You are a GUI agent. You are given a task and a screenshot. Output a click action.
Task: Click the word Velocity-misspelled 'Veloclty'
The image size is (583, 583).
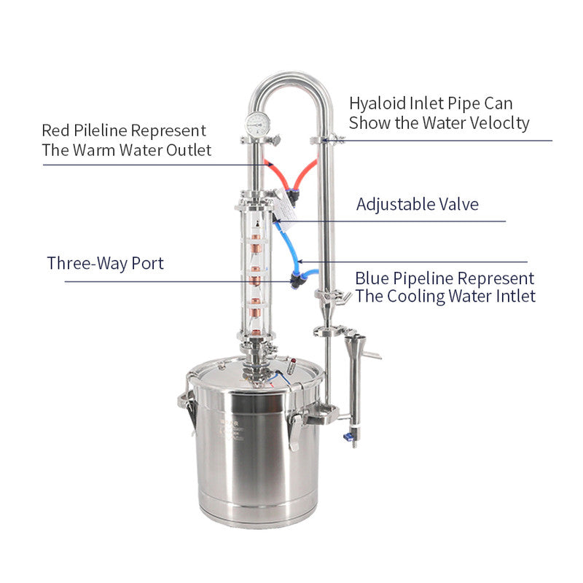coord(498,122)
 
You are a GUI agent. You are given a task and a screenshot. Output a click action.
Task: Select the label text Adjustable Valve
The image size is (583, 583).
coord(417,204)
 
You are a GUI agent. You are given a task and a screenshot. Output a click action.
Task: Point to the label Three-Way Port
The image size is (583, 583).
coord(105,263)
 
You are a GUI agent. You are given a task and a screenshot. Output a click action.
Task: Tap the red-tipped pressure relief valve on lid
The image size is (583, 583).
coord(292,363)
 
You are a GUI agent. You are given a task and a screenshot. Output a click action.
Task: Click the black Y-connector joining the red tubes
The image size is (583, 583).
coord(292,194)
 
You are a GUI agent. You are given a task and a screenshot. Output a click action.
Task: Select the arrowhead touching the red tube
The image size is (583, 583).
coord(270,165)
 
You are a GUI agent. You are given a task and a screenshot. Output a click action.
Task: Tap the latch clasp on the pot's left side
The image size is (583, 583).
coord(187,412)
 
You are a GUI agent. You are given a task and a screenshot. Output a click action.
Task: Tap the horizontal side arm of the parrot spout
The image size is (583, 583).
coord(371,355)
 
